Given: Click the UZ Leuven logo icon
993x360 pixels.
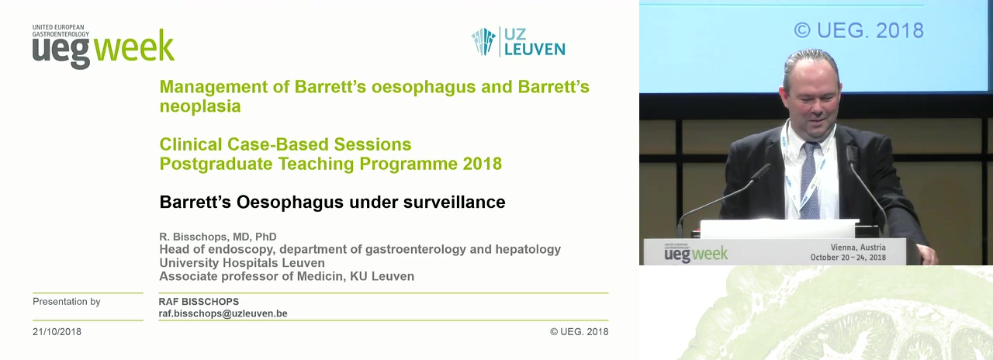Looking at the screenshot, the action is click(483, 42).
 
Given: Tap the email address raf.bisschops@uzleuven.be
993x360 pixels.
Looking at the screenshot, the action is click(223, 313).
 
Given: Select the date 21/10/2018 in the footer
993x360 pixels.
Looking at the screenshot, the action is click(57, 331).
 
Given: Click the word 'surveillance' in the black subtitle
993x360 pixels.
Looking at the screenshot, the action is click(455, 202).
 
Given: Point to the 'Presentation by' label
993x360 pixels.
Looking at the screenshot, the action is click(67, 302).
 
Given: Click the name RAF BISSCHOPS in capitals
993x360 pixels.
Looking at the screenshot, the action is click(199, 302).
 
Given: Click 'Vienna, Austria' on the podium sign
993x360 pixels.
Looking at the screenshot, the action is click(858, 247).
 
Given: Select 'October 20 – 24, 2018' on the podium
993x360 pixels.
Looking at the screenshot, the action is click(848, 257).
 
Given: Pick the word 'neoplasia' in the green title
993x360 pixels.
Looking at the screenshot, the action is click(200, 106).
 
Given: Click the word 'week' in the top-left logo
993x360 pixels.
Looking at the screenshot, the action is click(134, 46).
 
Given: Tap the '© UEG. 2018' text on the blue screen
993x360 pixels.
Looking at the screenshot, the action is click(859, 30).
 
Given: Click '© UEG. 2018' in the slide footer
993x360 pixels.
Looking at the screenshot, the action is click(579, 331).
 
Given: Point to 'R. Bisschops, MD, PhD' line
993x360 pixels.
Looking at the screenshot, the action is click(218, 237).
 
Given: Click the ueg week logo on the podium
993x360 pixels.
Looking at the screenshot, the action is click(696, 253).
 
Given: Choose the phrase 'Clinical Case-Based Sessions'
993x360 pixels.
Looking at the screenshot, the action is click(285, 144).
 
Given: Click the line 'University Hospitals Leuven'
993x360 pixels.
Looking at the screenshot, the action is click(242, 263).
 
